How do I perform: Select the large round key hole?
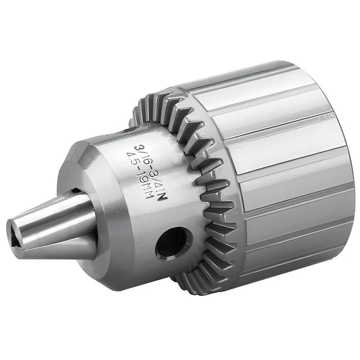171,244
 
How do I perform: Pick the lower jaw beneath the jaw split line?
58,248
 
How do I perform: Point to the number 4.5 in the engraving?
132,160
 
